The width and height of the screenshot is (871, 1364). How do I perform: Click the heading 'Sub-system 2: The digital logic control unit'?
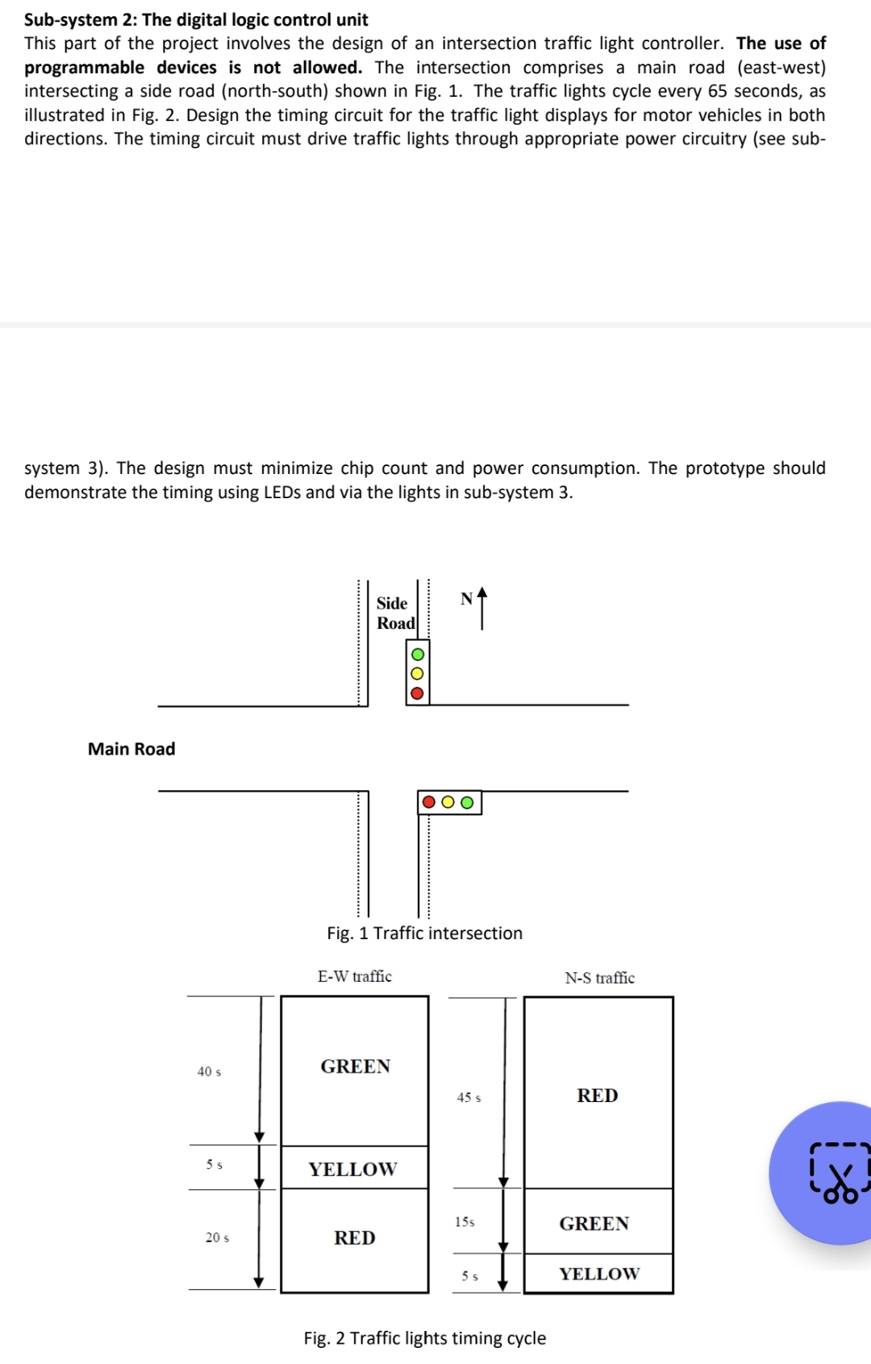coord(196,19)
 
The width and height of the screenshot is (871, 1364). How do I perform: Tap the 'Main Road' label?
coord(131,749)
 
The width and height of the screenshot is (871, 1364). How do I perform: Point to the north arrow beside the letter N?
coord(482,608)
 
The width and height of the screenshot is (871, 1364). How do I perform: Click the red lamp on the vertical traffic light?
coord(417,693)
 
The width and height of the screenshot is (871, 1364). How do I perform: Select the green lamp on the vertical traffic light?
coord(417,654)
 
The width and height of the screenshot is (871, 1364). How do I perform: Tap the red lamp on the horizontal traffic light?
coord(429,802)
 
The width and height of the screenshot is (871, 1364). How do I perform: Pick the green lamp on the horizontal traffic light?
coord(467,802)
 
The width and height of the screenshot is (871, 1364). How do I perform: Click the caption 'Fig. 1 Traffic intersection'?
coord(424,933)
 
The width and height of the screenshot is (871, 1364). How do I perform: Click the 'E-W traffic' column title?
coord(354,976)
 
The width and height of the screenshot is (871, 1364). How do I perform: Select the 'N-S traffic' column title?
coord(599,978)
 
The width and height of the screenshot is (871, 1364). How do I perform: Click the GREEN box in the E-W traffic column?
coord(355,1067)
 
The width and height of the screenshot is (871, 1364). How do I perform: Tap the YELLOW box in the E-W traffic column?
coord(353,1169)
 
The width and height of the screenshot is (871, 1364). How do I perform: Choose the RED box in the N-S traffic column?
coord(598,1095)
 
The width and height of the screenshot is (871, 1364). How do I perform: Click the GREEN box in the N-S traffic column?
coord(594,1223)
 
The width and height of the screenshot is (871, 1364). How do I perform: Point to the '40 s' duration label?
coord(209,1071)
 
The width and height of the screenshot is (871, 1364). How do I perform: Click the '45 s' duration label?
coord(469,1097)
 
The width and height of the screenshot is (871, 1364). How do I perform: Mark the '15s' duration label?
coord(465,1222)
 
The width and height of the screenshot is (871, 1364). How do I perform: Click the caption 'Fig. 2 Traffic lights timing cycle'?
coord(424,1338)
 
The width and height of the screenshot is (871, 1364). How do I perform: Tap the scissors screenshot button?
coord(839,1172)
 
